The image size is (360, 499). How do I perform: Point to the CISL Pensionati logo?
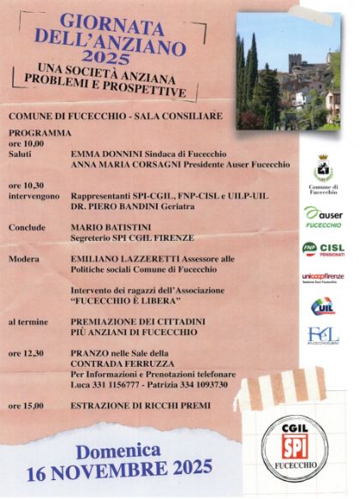323,249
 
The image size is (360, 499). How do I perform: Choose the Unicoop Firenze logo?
323,277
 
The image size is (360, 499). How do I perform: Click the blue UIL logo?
323,306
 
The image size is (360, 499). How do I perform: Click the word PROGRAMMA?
40,133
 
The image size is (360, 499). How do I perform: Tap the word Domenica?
117,449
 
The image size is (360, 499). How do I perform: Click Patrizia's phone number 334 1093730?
206,385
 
